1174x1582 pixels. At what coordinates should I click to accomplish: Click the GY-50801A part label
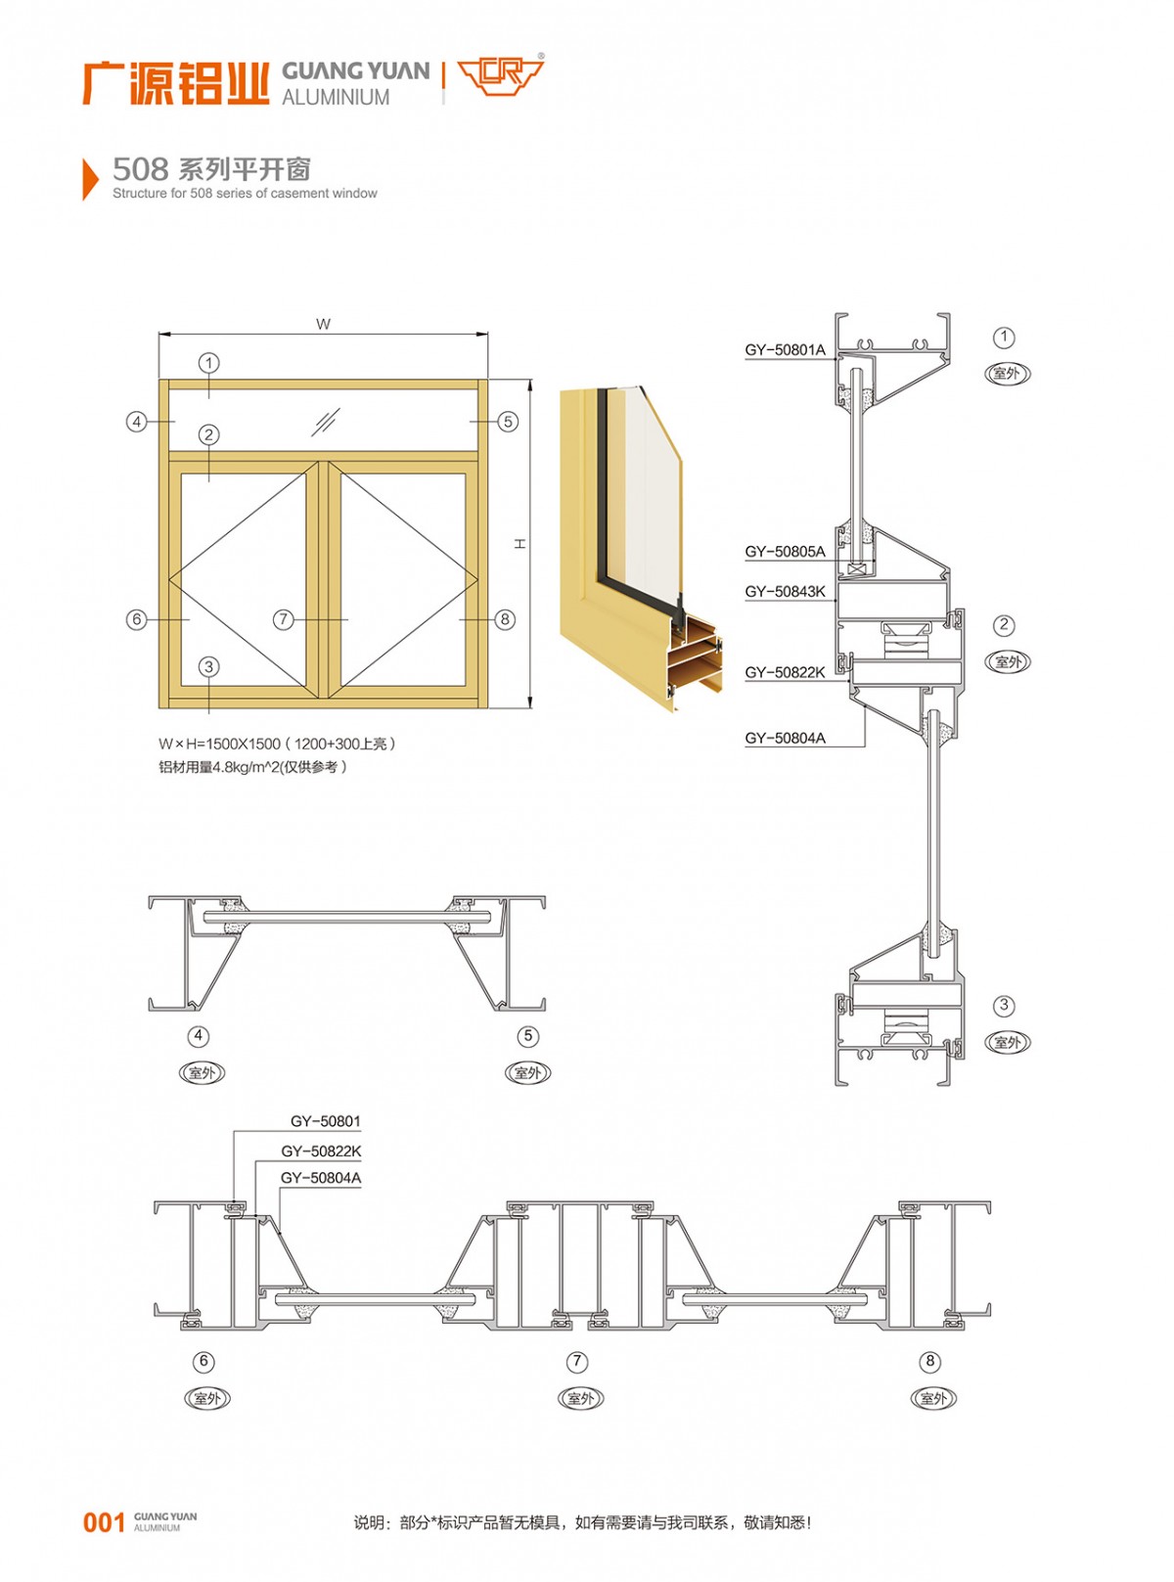point(785,350)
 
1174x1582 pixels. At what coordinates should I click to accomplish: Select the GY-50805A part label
point(785,552)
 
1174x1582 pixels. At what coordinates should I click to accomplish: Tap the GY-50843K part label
point(785,591)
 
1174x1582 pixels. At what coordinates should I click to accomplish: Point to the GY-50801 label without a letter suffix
point(325,1121)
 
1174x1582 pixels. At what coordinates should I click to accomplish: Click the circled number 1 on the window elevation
point(209,363)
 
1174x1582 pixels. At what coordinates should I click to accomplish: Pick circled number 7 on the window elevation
point(284,619)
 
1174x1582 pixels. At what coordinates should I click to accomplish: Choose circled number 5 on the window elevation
point(508,422)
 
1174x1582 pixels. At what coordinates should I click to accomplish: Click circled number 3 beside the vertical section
point(1004,1006)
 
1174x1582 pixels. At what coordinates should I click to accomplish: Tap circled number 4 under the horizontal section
point(199,1036)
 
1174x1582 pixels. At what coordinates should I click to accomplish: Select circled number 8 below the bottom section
point(930,1361)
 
